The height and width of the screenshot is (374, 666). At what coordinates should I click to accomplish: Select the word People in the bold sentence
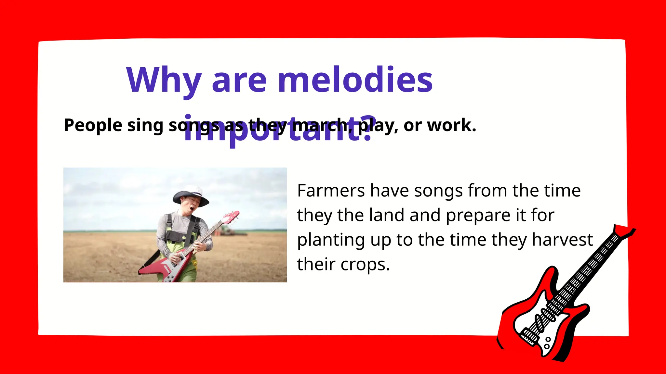93,125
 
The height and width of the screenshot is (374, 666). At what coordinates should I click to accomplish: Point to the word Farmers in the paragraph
331,191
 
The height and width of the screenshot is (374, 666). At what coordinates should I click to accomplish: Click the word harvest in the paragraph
562,240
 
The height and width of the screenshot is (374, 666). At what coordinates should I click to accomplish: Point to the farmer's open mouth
193,208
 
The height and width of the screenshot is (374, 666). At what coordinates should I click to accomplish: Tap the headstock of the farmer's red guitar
231,217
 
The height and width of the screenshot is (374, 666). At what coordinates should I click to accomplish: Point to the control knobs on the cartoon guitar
547,343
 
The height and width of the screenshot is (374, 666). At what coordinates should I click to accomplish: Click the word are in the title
239,80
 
